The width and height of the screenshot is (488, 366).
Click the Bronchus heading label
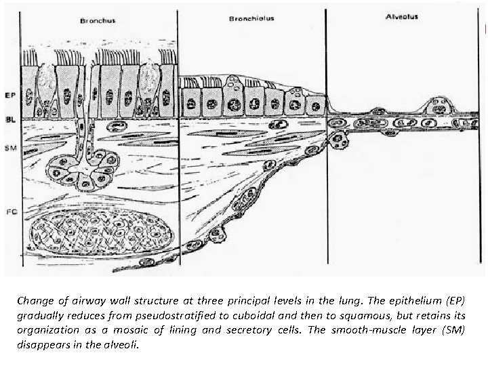(98, 21)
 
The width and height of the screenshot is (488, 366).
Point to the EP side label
(10, 95)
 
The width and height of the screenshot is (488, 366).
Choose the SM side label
(10, 147)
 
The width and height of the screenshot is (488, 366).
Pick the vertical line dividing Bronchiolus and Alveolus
(327, 156)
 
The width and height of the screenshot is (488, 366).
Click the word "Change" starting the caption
(35, 300)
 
